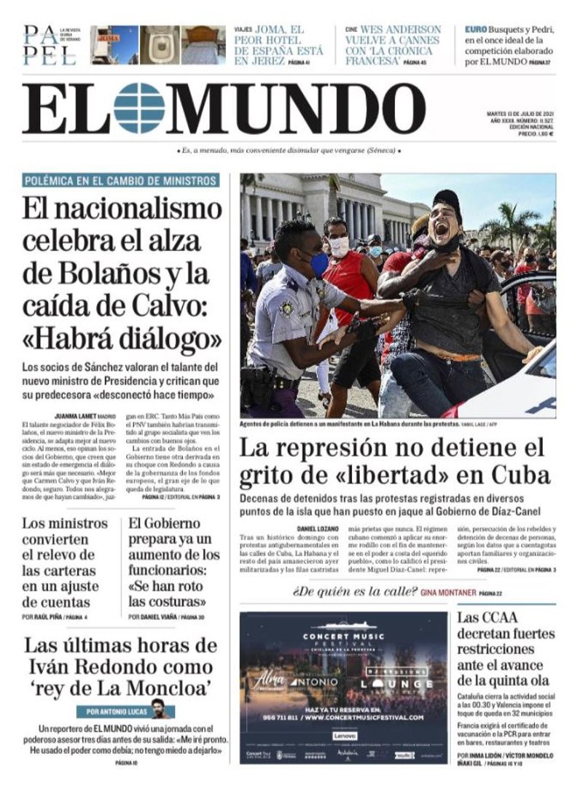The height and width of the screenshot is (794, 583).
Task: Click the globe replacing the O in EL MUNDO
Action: pyautogui.click(x=139, y=108)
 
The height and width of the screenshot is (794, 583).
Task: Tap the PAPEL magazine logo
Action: pyautogui.click(x=49, y=45)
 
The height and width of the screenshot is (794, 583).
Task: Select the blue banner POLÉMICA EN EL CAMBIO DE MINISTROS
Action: pyautogui.click(x=120, y=181)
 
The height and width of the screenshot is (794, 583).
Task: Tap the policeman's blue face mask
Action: pyautogui.click(x=318, y=264)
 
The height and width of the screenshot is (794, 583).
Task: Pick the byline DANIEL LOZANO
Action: pyautogui.click(x=318, y=528)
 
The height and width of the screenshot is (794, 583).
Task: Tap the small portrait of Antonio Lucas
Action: pyautogui.click(x=157, y=707)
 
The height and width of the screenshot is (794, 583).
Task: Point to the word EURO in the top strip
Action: pyautogui.click(x=477, y=30)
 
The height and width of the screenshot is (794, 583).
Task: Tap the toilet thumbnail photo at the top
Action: pyautogui.click(x=159, y=45)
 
